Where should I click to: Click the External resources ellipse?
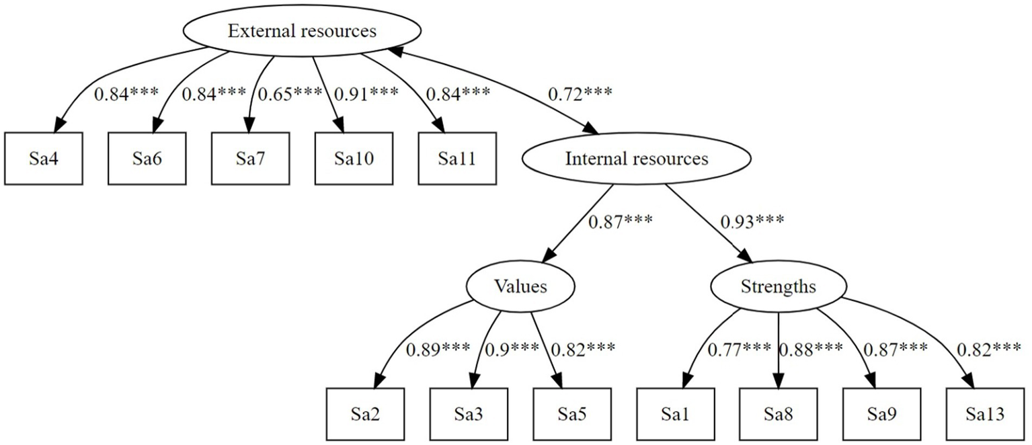tap(302, 32)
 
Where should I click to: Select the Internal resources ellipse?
tap(636, 159)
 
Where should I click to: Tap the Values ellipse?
tap(520, 287)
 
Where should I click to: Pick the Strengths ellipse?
tap(778, 287)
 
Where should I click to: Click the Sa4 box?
tap(43, 159)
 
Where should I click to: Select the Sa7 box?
tap(250, 159)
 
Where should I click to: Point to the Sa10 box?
tap(354, 159)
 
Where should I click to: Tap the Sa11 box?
tap(457, 159)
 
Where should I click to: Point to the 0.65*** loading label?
tap(290, 94)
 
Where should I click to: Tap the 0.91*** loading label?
tap(368, 94)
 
